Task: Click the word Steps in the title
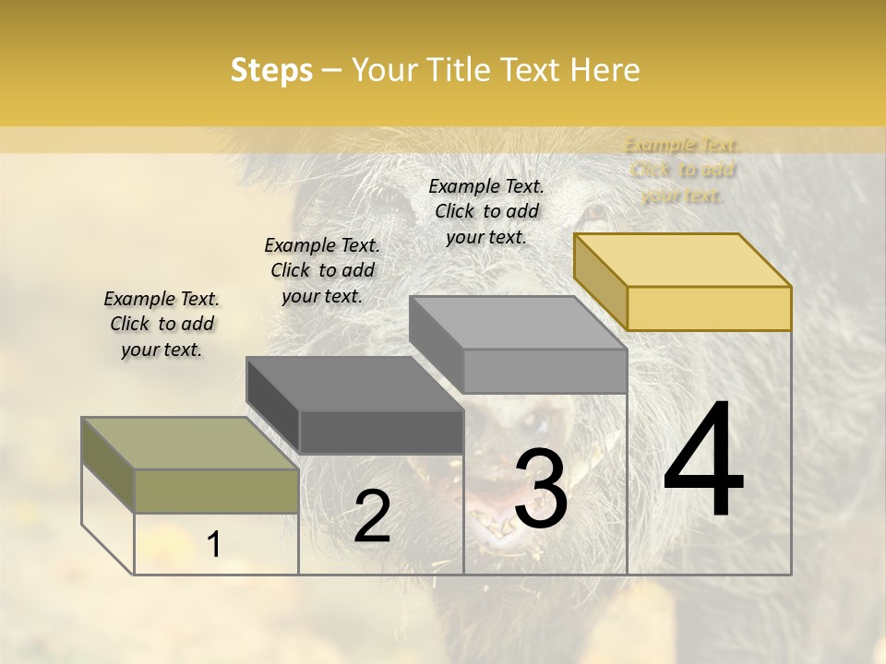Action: point(271,70)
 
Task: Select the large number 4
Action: point(703,460)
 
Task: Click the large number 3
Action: point(541,489)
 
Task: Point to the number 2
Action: point(372,516)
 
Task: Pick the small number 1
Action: point(213,545)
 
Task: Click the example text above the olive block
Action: point(162,324)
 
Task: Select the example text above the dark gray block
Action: point(322,270)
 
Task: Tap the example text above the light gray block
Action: point(486,211)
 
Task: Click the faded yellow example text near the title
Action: point(682,170)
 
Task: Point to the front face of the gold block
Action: point(709,308)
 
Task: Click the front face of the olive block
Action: point(217,491)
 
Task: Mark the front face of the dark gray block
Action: point(381,432)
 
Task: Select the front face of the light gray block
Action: point(545,371)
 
